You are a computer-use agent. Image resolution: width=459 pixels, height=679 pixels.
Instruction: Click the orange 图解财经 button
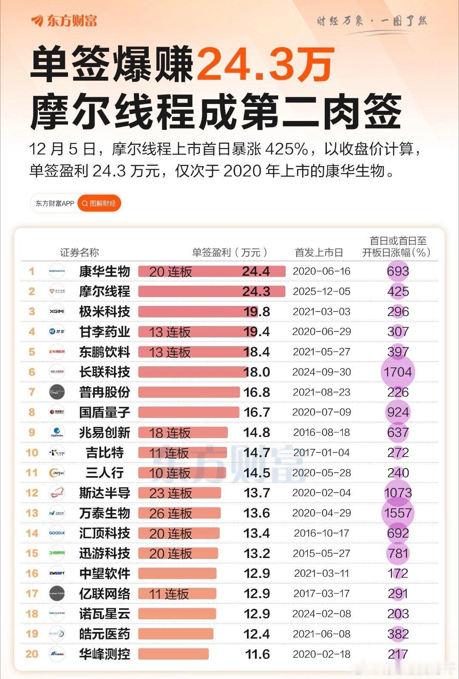[99, 203]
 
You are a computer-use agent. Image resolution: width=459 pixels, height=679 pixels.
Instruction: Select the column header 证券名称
[79, 253]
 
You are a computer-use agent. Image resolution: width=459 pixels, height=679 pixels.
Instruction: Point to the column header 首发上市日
[319, 253]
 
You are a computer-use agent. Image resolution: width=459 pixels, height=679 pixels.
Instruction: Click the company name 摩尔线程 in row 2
[105, 292]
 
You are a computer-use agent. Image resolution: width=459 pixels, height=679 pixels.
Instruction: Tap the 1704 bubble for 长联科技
[398, 372]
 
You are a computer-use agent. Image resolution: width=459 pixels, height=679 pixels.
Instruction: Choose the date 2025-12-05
[322, 292]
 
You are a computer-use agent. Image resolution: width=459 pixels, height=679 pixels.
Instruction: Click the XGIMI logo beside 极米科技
[57, 311]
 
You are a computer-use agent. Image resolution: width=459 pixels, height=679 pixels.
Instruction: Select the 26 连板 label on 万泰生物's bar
[170, 513]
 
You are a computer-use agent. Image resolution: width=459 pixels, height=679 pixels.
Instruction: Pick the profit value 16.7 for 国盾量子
[257, 412]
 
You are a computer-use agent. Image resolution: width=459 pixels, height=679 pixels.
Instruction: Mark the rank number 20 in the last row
[32, 654]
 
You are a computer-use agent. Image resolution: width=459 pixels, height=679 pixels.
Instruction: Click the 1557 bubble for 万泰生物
[398, 513]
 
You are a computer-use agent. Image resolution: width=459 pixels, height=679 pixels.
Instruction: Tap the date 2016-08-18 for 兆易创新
[322, 432]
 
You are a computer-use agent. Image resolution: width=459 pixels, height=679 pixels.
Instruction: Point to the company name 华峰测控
[105, 654]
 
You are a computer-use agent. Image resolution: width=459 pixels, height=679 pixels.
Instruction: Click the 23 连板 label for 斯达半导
[170, 493]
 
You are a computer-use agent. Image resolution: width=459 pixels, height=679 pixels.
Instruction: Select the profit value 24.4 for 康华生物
[256, 271]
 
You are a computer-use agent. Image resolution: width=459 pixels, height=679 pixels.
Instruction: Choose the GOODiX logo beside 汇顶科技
[57, 533]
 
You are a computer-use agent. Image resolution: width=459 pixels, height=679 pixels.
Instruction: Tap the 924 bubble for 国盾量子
[398, 412]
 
